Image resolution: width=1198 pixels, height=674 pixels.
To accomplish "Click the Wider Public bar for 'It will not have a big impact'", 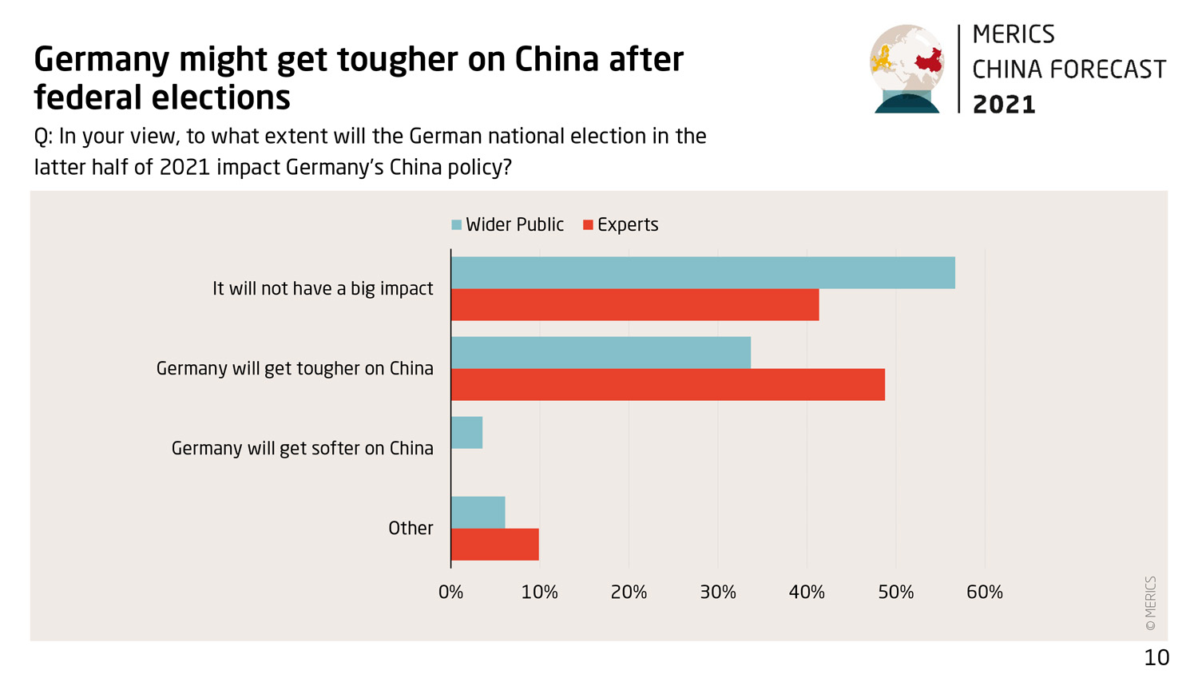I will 703,273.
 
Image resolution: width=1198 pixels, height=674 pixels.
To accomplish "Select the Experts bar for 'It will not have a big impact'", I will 635,305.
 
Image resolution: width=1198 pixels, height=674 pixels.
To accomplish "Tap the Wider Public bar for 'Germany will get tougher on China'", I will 601,353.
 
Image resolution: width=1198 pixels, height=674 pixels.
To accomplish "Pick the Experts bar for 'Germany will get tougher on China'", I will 668,385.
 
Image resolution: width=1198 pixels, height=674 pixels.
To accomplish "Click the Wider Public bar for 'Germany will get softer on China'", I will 466,433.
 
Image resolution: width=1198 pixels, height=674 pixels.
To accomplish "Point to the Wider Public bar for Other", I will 478,513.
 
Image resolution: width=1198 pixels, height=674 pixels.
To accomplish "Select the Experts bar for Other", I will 494,545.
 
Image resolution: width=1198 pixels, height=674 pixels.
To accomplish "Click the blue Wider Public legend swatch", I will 457,225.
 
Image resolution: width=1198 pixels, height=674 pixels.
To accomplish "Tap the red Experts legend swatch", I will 589,225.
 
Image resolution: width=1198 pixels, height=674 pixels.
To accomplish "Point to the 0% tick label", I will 450,593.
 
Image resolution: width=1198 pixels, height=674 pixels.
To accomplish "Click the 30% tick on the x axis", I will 717,593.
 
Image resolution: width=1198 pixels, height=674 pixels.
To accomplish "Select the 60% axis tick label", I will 984,593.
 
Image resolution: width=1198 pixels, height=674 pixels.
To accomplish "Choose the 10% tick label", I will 539,593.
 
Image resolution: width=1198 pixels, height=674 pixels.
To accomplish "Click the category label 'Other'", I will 411,529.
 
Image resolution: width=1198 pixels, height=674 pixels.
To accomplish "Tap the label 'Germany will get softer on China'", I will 302,449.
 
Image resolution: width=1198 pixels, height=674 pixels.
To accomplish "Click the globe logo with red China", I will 907,69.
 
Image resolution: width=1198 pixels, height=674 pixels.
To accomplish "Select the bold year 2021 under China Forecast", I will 1004,105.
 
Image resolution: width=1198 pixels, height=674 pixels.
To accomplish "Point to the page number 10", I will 1156,658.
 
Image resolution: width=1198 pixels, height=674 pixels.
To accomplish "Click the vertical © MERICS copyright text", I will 1151,604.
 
